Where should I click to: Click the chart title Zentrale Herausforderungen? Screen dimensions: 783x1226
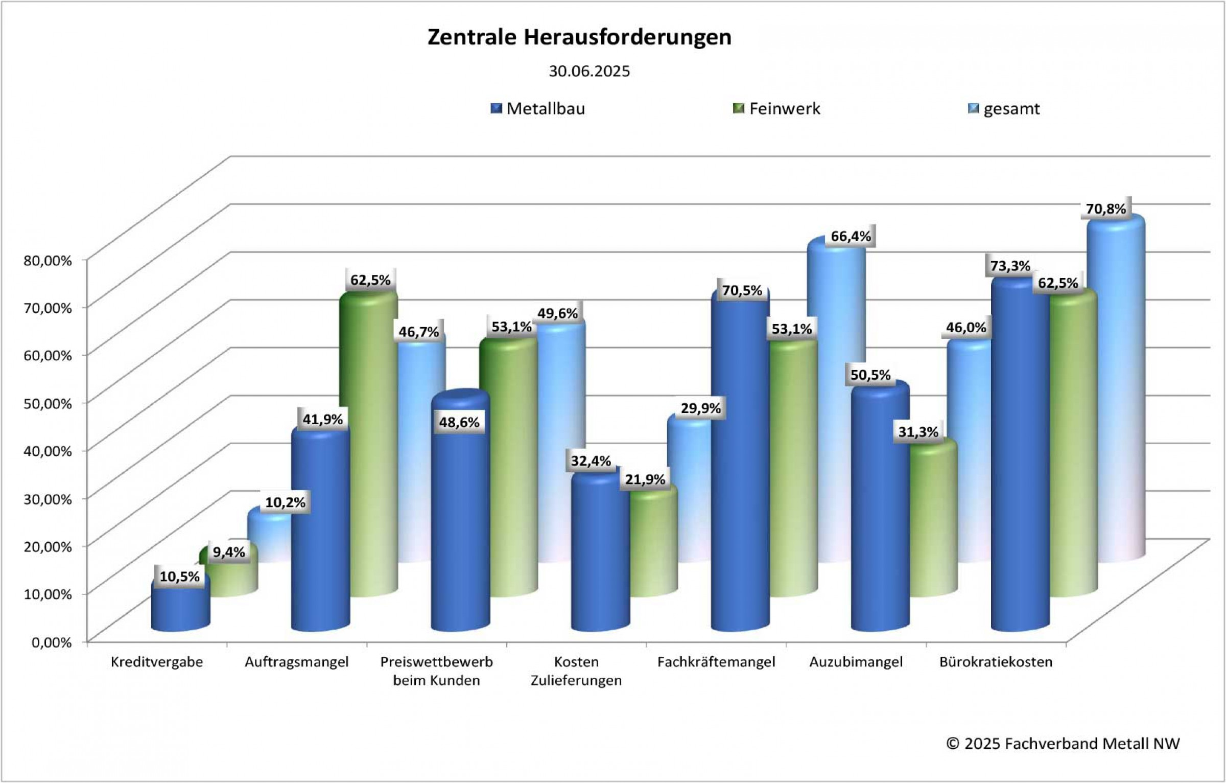(x=579, y=37)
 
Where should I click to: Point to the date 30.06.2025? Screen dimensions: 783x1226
(x=589, y=71)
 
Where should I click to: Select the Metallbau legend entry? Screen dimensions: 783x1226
(x=545, y=109)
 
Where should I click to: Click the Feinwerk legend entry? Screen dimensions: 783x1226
(x=784, y=109)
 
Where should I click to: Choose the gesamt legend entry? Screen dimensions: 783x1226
(x=1011, y=109)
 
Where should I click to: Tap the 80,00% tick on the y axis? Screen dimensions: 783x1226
(x=48, y=260)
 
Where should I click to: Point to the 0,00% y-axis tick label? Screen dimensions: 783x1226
(x=52, y=642)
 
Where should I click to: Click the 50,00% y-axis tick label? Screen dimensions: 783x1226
(x=48, y=403)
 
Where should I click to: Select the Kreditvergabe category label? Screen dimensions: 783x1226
(x=157, y=662)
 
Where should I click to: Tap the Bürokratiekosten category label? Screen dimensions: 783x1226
(x=996, y=662)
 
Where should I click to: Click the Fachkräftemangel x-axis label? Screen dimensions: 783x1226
(x=716, y=662)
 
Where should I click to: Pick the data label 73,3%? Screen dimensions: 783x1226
(x=1010, y=266)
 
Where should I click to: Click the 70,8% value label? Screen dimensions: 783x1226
(x=1105, y=209)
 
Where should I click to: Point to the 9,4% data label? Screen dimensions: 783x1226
(x=228, y=552)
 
